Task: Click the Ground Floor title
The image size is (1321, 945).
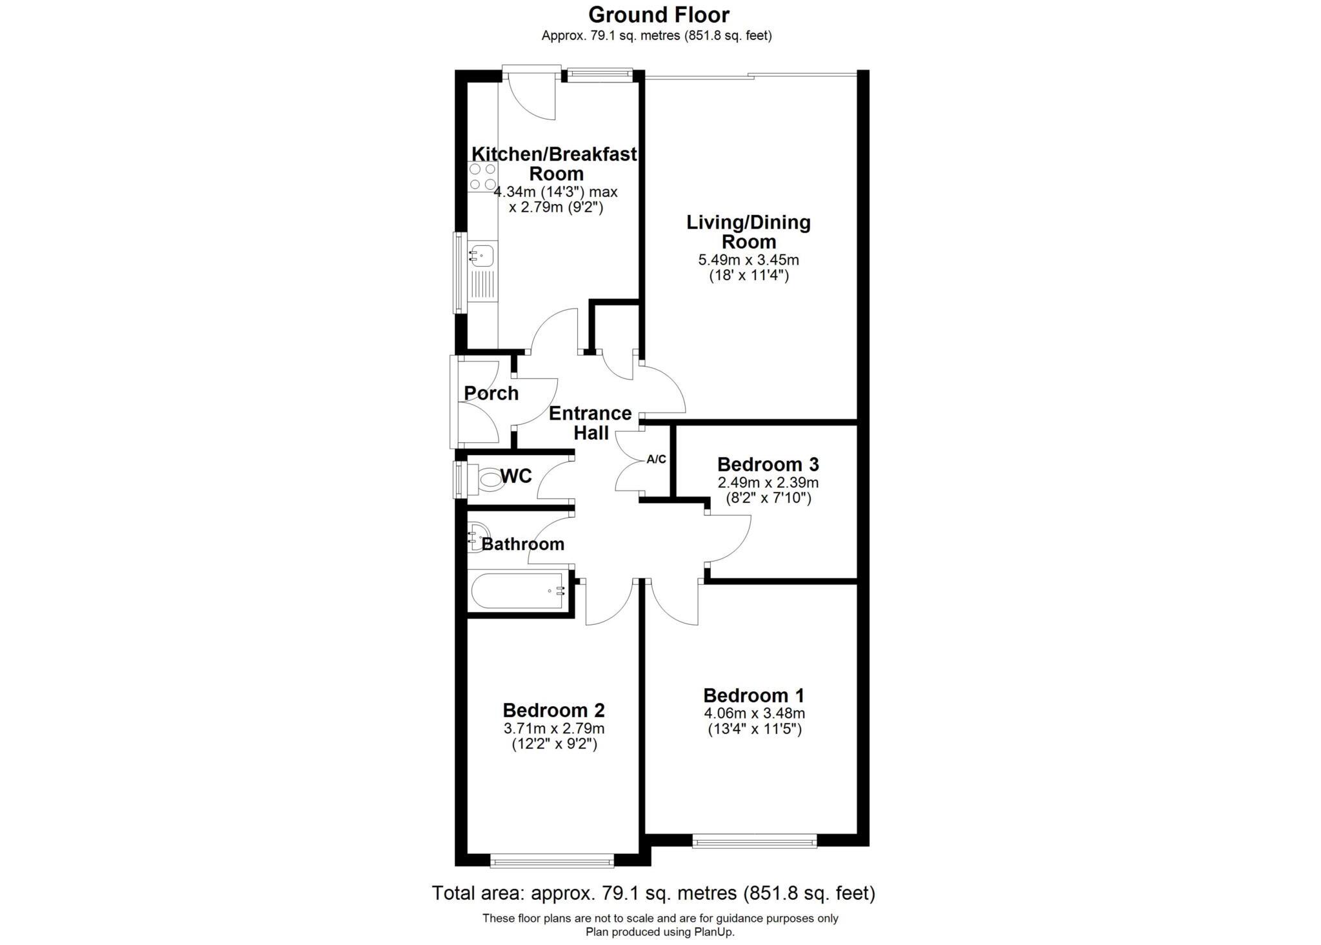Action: pyautogui.click(x=658, y=15)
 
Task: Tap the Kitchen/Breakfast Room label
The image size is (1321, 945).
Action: pyautogui.click(x=555, y=164)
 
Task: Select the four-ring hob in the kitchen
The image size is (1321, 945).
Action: pyautogui.click(x=482, y=176)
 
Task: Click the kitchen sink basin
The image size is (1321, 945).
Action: pyautogui.click(x=482, y=254)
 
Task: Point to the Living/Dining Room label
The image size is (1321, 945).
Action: pyautogui.click(x=748, y=232)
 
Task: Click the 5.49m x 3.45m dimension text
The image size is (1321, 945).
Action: pyautogui.click(x=748, y=260)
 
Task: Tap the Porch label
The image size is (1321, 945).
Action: pyautogui.click(x=491, y=393)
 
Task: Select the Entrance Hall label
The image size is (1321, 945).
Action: pyautogui.click(x=590, y=423)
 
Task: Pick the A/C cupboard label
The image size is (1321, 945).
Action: pyautogui.click(x=656, y=460)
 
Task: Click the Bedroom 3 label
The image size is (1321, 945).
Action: pyautogui.click(x=768, y=464)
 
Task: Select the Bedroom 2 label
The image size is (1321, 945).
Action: pyautogui.click(x=553, y=710)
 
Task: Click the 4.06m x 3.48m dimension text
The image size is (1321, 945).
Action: pyautogui.click(x=754, y=713)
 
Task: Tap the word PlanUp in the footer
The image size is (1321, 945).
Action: pyautogui.click(x=713, y=932)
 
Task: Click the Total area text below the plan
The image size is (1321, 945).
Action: pyautogui.click(x=653, y=893)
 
